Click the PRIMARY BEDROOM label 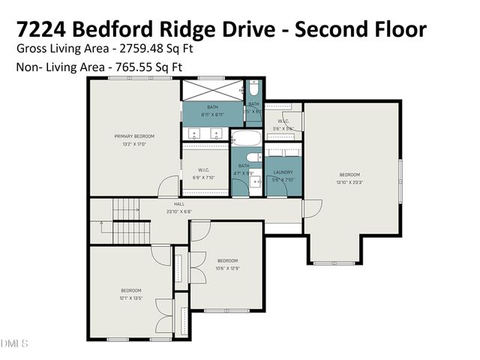tap(134, 136)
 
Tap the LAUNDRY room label tap(283, 172)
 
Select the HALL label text tap(179, 204)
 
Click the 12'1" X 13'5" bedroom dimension tap(131, 298)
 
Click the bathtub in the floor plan tap(244, 139)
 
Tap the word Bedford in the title tap(121, 30)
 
